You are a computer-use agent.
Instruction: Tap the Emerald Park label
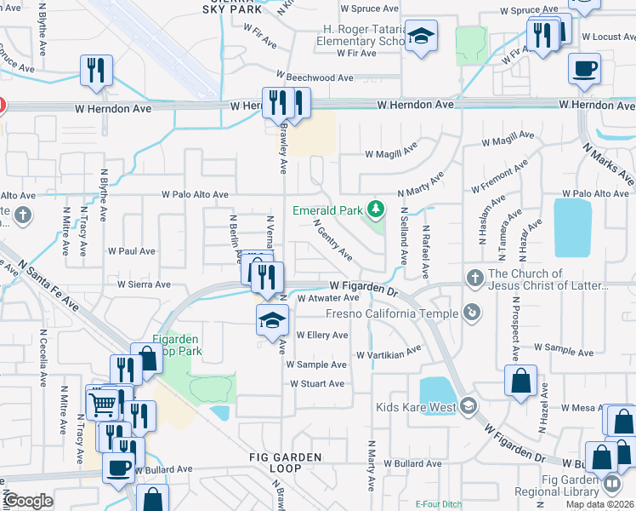327,210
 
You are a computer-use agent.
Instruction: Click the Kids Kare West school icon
469,405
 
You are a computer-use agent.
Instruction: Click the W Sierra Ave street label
144,284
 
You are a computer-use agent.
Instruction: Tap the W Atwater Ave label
329,298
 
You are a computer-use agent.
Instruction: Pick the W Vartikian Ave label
389,353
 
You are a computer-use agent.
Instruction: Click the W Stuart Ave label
317,383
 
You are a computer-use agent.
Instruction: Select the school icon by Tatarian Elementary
420,37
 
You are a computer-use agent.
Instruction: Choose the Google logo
28,501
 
